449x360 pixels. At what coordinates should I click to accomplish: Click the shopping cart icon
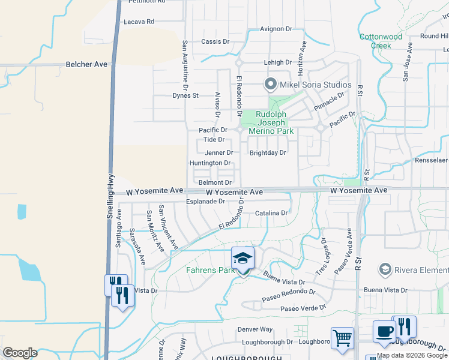(x=342, y=337)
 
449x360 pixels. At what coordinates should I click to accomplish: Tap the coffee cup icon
(x=384, y=331)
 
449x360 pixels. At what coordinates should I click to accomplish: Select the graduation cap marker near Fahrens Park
(x=243, y=259)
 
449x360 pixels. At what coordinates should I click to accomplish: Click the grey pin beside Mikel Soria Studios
(x=271, y=85)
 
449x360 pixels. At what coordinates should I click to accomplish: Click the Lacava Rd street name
(x=139, y=21)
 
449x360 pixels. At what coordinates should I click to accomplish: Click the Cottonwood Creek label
(x=381, y=41)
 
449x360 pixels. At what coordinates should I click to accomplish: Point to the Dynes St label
(x=185, y=95)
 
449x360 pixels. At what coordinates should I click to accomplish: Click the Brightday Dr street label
(x=268, y=152)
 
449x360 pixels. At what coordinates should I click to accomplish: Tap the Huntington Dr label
(x=210, y=163)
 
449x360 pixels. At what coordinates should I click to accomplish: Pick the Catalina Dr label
(x=272, y=213)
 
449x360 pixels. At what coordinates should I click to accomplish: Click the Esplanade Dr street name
(x=205, y=202)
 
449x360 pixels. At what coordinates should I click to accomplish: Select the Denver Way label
(x=255, y=329)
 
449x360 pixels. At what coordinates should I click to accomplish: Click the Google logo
(x=20, y=353)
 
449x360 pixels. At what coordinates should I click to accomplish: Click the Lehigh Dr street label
(x=277, y=62)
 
